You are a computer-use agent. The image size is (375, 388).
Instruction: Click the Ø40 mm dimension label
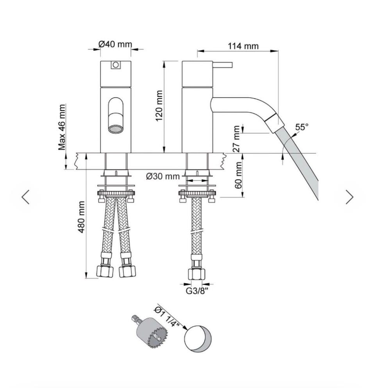(115, 44)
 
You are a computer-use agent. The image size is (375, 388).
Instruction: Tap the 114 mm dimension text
(243, 46)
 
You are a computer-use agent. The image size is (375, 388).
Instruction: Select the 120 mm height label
(159, 105)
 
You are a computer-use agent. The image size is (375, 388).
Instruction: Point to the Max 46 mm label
(62, 127)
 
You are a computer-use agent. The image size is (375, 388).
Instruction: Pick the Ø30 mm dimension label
(163, 176)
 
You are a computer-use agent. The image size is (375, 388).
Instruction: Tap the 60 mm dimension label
(238, 175)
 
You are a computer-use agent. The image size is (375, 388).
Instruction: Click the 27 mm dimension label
(237, 139)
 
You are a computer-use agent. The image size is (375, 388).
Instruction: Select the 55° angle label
(302, 127)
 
